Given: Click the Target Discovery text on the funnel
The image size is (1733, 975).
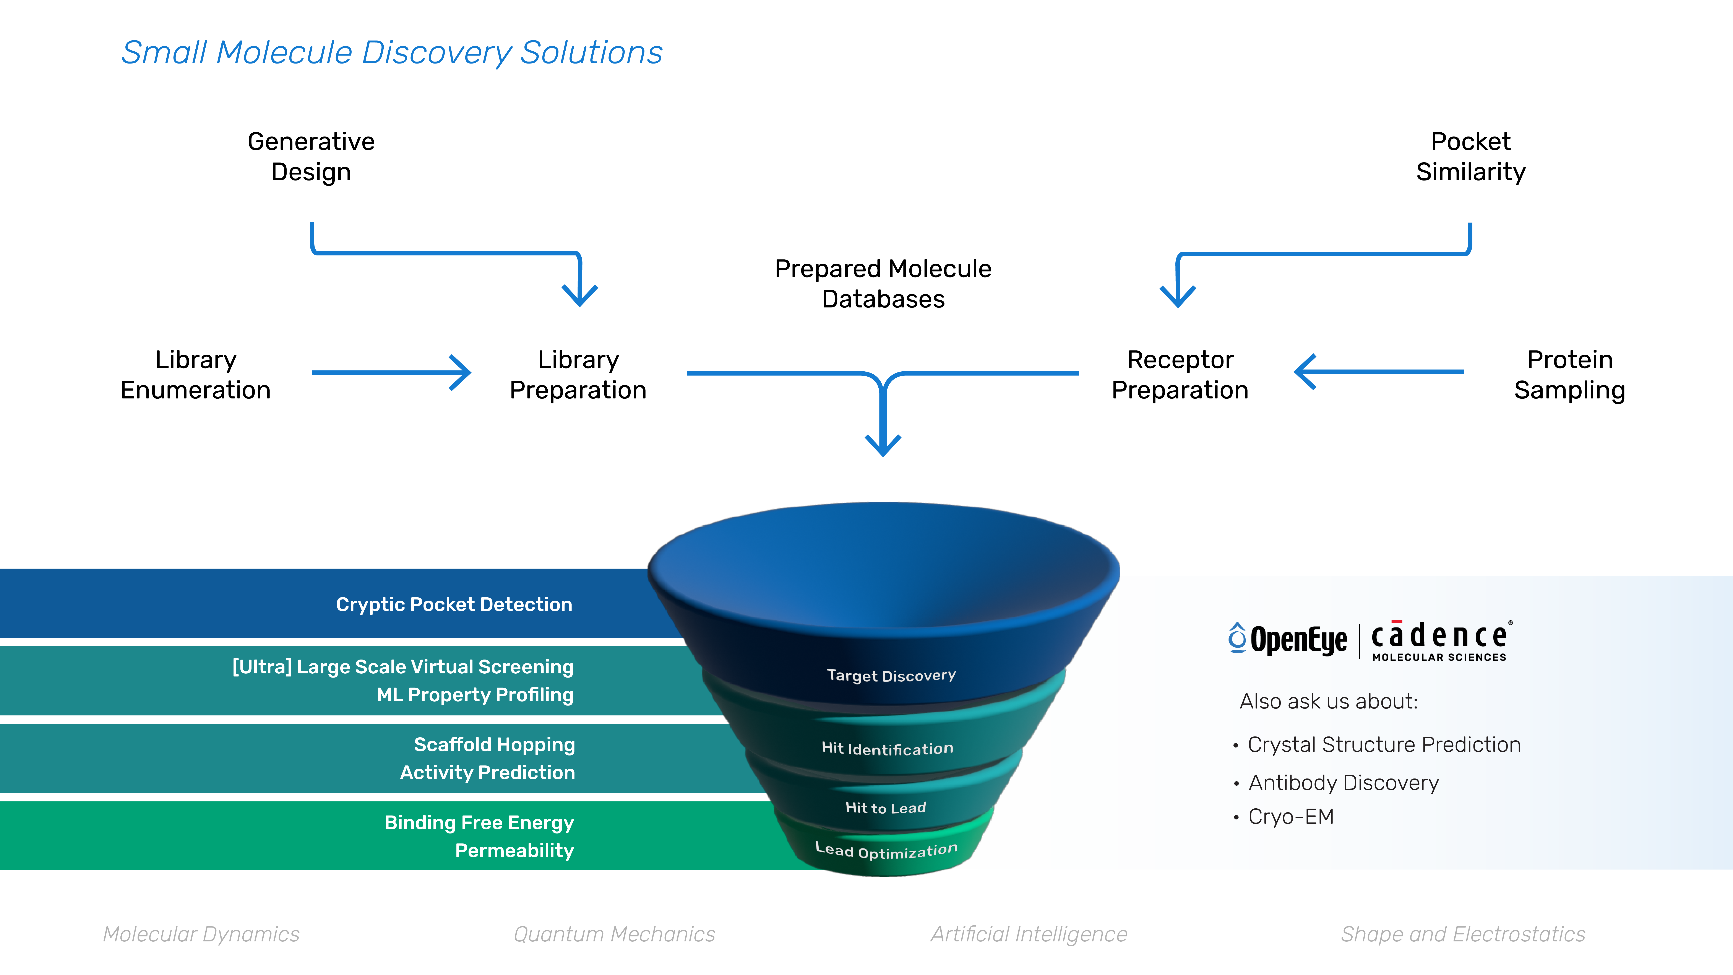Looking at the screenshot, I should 891,675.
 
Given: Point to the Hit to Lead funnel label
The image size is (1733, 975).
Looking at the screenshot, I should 885,808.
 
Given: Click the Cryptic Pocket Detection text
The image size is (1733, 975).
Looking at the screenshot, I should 454,604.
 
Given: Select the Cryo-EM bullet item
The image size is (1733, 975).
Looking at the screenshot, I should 1290,816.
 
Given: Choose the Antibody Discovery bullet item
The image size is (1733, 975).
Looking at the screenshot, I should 1343,783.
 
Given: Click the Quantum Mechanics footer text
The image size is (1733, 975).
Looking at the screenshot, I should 614,934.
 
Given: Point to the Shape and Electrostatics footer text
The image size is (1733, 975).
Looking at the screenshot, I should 1463,934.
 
